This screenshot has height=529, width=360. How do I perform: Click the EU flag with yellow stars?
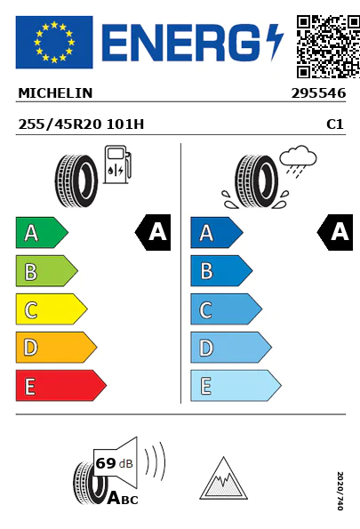[54, 42]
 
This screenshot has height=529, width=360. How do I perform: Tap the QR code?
[328, 46]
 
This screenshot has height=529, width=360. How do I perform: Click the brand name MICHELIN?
[55, 93]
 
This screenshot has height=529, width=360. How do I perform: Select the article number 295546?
[318, 93]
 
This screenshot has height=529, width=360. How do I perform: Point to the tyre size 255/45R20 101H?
[81, 124]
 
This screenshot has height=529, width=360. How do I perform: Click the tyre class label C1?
[335, 124]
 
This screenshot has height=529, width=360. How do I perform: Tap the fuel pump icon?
[117, 164]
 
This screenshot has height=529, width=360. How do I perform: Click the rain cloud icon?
[298, 161]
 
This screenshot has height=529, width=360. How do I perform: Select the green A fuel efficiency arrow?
[42, 232]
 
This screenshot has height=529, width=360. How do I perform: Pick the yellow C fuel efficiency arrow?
[52, 309]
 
